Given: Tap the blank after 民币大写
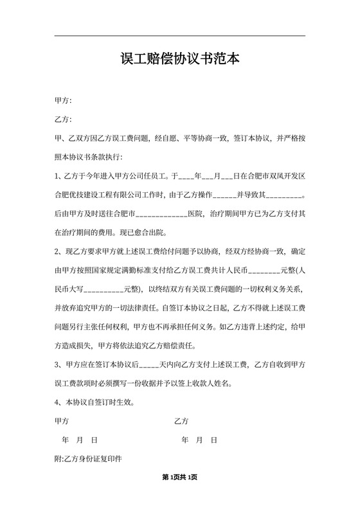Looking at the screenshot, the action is (103, 289).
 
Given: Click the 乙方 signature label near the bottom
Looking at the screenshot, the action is (181, 422).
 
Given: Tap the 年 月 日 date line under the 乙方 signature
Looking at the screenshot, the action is (199, 440).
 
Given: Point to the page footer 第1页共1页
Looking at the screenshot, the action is (180, 477).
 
